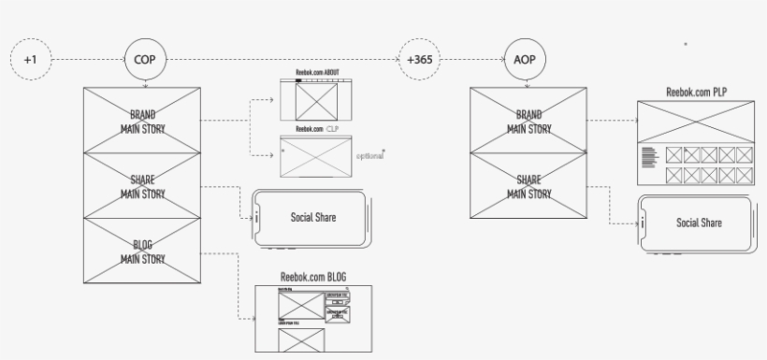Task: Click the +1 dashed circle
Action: (30, 59)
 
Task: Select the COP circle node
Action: (144, 59)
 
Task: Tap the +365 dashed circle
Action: (419, 59)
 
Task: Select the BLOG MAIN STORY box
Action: (143, 252)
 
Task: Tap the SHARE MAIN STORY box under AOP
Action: (528, 186)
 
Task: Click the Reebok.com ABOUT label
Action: (317, 73)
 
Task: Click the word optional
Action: (370, 155)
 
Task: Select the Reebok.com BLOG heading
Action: (313, 277)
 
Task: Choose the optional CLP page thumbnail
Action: (315, 155)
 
